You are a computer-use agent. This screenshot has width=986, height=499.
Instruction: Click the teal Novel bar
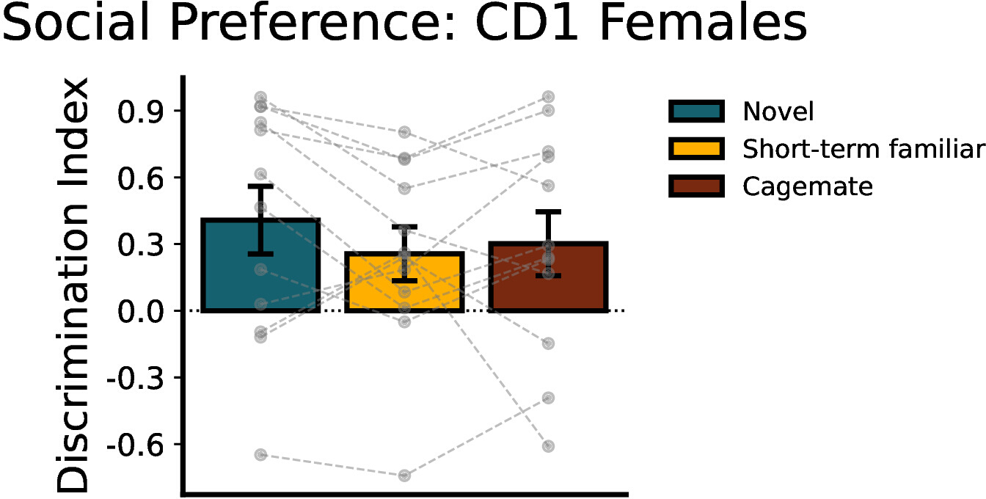pyautogui.click(x=260, y=265)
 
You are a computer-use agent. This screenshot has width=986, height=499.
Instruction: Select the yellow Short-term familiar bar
pyautogui.click(x=404, y=282)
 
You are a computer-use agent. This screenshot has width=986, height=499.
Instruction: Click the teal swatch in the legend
pyautogui.click(x=696, y=111)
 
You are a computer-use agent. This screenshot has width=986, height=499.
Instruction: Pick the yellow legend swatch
pyautogui.click(x=696, y=149)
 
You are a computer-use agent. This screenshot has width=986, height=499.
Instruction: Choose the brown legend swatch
pyautogui.click(x=696, y=186)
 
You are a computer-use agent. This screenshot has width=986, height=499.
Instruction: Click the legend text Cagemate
pyautogui.click(x=807, y=187)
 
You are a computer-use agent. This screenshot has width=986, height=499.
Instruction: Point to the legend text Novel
pyautogui.click(x=778, y=112)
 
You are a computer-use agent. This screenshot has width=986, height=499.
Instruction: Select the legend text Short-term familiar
pyautogui.click(x=863, y=149)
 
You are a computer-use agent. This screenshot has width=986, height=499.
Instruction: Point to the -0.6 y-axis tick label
pyautogui.click(x=136, y=445)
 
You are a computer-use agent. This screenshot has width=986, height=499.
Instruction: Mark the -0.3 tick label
pyautogui.click(x=136, y=379)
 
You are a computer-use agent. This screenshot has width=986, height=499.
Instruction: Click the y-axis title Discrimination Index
pyautogui.click(x=73, y=285)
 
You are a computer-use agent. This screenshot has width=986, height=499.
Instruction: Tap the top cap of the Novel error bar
pyautogui.click(x=260, y=186)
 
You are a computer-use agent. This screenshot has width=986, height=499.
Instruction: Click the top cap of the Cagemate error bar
pyautogui.click(x=548, y=212)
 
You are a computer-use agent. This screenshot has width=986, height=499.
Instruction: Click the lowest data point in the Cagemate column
pyautogui.click(x=548, y=446)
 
